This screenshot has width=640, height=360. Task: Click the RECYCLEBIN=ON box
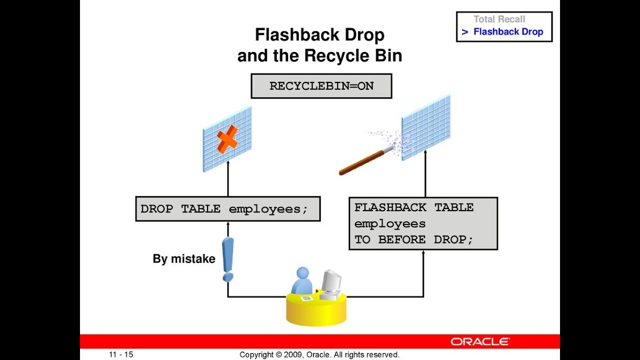point(321,86)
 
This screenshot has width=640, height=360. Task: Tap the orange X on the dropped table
point(227,139)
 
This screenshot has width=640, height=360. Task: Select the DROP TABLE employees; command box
point(227,209)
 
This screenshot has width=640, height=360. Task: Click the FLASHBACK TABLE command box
point(423,223)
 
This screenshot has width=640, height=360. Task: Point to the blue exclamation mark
point(228,259)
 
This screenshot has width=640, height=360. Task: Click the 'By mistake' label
point(183,259)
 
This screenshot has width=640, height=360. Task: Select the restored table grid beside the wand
point(426,127)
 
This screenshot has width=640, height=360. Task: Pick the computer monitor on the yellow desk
point(330,282)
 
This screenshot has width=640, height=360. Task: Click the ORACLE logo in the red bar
point(480,342)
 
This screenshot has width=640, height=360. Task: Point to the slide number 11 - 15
point(121,354)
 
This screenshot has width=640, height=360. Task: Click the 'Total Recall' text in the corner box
point(499,19)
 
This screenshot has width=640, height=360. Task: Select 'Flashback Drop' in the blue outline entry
point(508,32)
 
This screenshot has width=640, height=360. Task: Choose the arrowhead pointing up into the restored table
point(425,152)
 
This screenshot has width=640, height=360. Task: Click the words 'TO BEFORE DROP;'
point(413,239)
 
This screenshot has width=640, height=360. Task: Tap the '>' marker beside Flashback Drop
point(464,32)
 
